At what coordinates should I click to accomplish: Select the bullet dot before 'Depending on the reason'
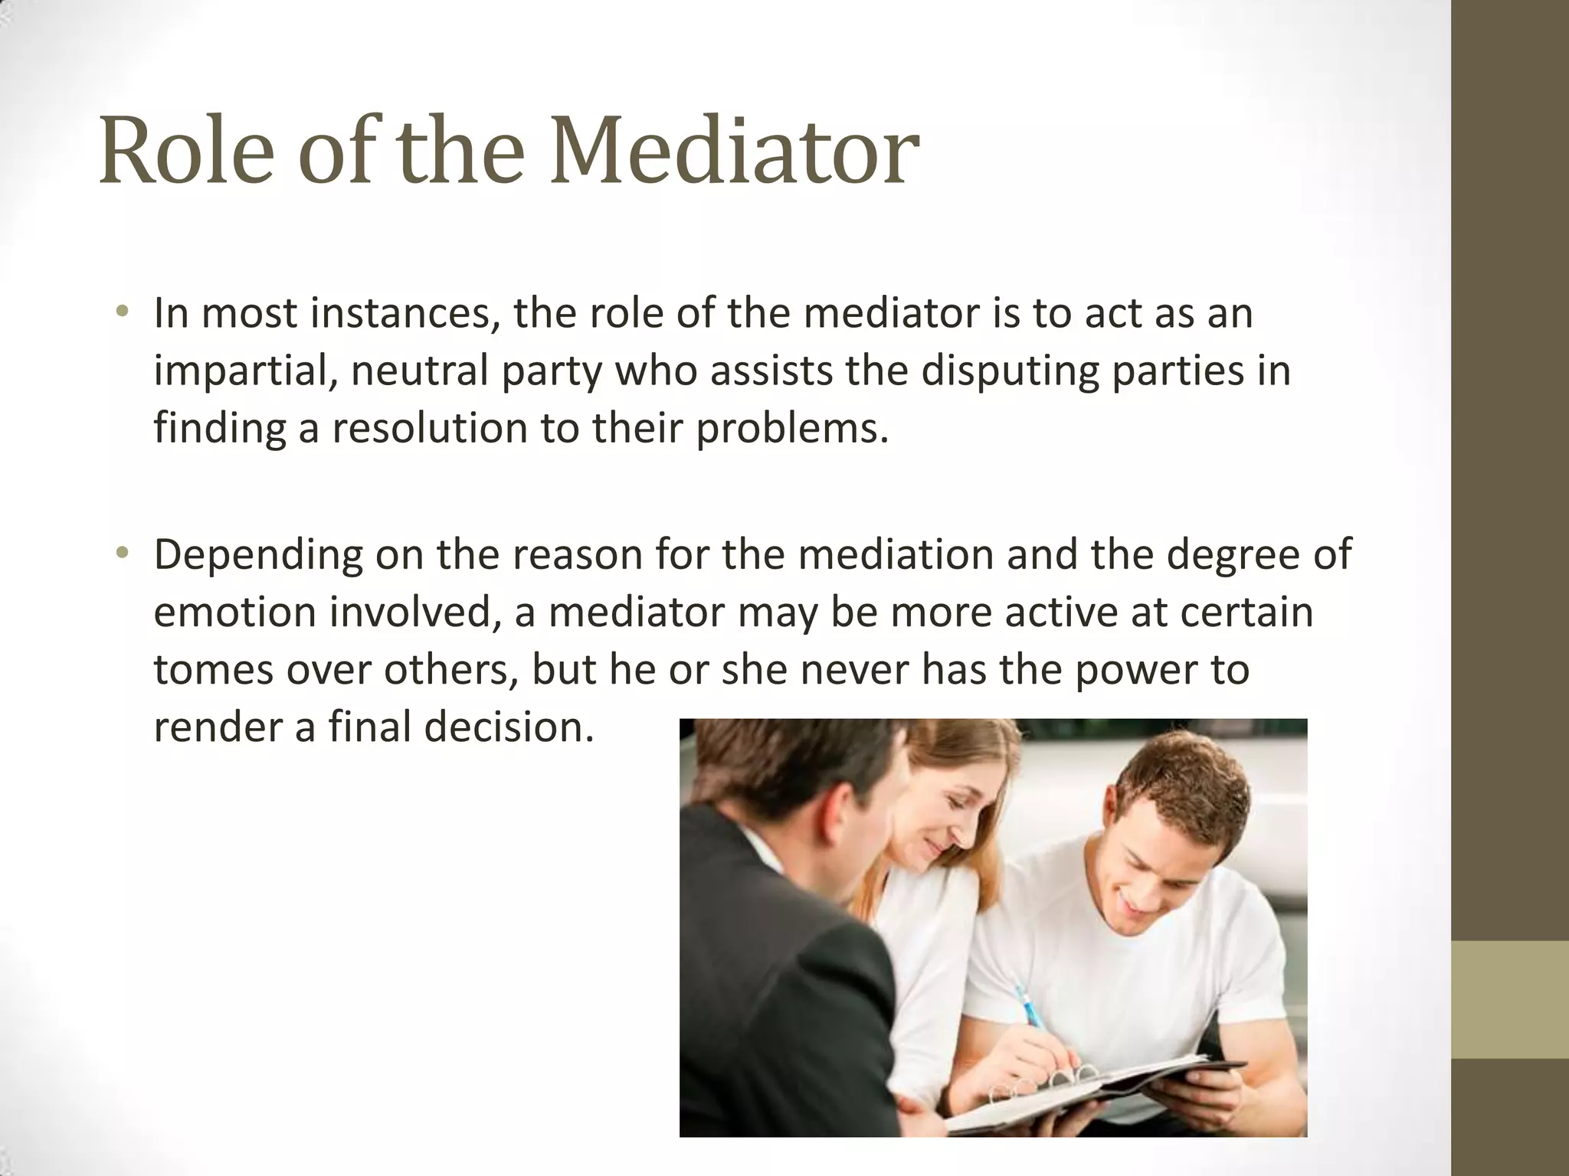[122, 553]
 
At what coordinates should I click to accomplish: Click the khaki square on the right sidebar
[1510, 1000]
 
